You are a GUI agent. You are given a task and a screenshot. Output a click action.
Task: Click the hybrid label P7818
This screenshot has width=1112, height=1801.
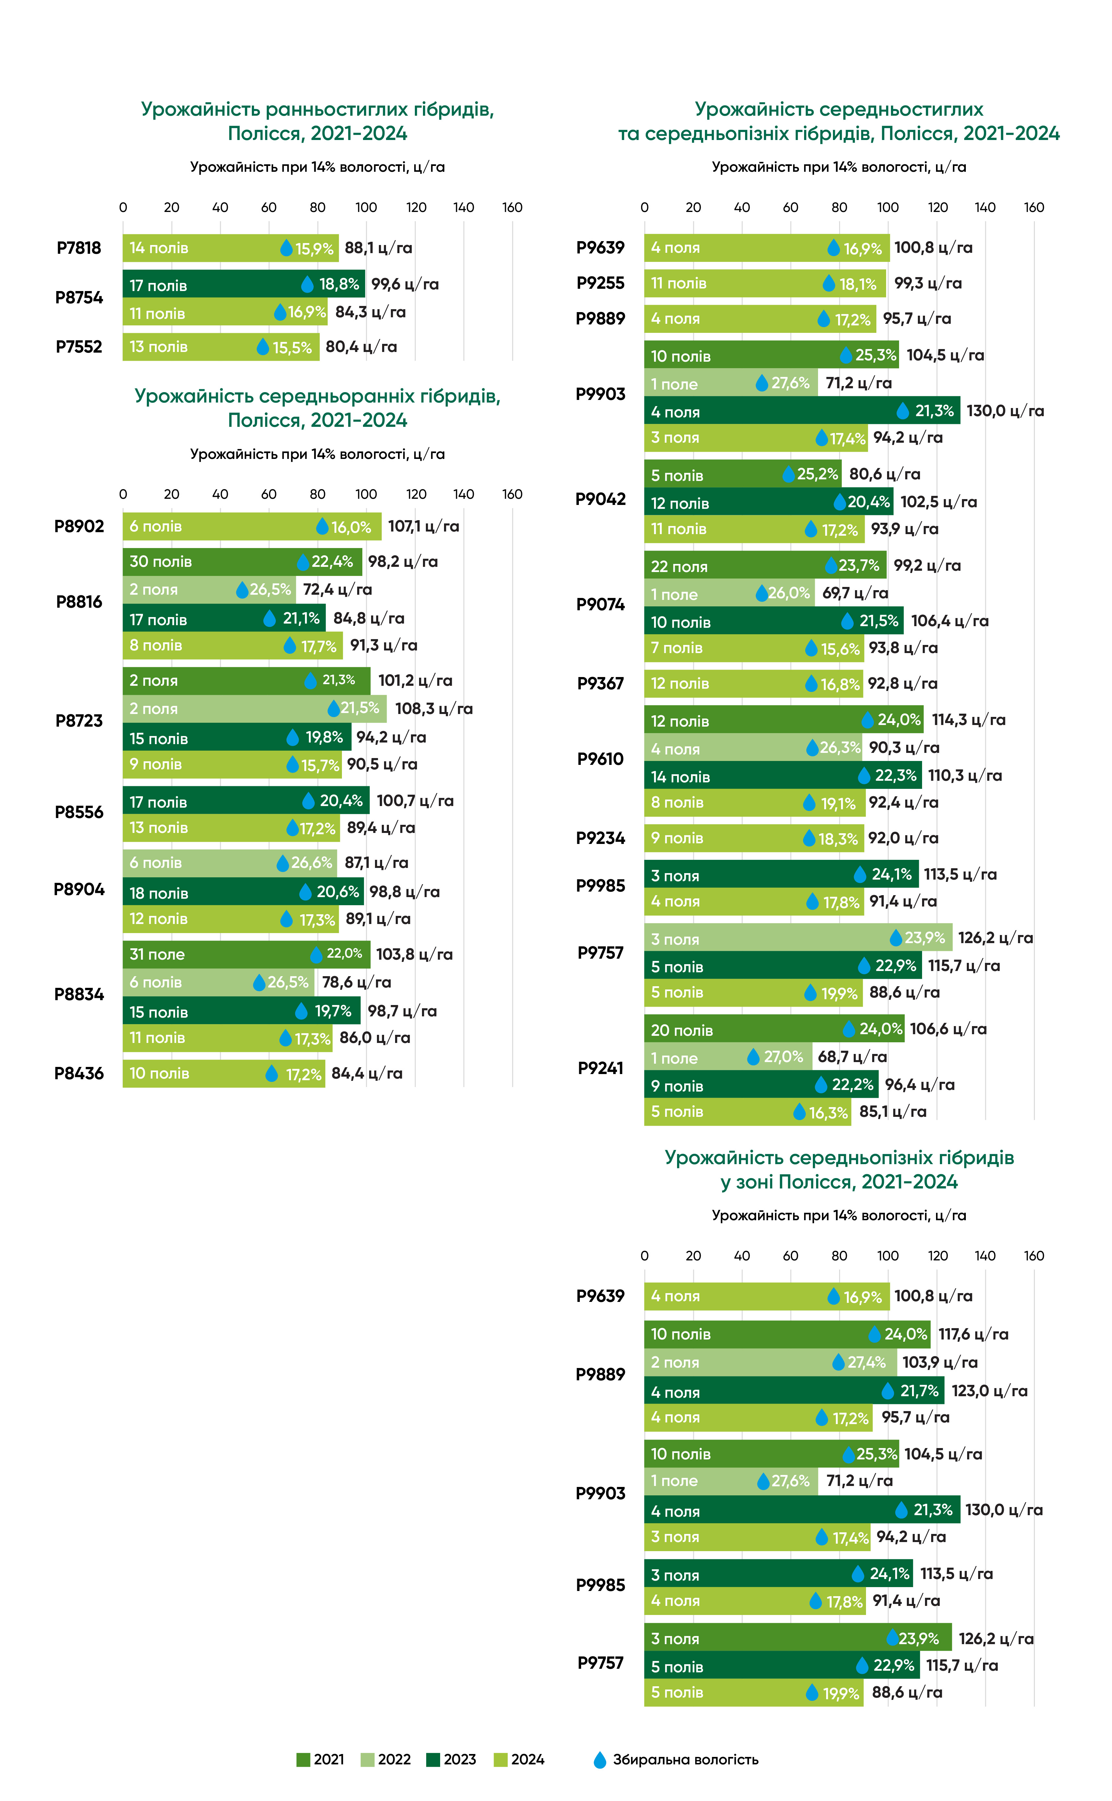click(x=79, y=248)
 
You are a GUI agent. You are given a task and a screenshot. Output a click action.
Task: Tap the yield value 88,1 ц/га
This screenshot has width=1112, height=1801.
click(x=378, y=248)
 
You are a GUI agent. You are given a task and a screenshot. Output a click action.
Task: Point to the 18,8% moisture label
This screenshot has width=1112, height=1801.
click(x=338, y=284)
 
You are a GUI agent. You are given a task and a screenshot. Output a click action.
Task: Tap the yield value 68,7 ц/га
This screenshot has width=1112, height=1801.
click(x=852, y=1057)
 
